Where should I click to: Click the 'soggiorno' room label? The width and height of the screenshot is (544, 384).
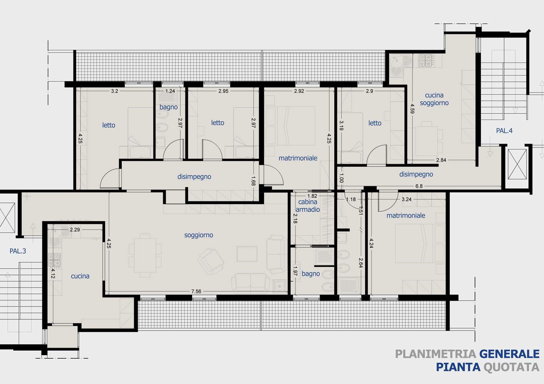(x=198, y=235)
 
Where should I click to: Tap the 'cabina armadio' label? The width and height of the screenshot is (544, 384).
(x=308, y=206)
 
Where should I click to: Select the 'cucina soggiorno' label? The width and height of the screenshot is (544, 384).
(x=434, y=99)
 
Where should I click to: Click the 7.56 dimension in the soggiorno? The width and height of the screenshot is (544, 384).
(x=196, y=291)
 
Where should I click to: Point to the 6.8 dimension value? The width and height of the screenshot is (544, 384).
(x=419, y=186)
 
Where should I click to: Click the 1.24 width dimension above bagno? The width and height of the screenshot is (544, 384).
(x=170, y=91)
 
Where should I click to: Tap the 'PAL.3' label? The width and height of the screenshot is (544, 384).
(x=18, y=251)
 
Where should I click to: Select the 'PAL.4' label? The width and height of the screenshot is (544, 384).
(x=504, y=131)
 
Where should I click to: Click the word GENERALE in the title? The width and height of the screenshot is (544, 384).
(x=509, y=354)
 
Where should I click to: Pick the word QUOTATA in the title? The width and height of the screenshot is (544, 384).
(x=511, y=367)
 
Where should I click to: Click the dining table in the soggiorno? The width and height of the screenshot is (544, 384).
(x=145, y=256)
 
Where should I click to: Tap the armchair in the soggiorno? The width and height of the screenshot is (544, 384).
(x=210, y=261)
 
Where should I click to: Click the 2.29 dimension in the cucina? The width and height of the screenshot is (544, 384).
(x=75, y=230)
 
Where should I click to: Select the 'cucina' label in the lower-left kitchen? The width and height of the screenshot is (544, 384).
(x=80, y=276)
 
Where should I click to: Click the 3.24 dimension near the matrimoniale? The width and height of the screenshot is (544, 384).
(x=407, y=199)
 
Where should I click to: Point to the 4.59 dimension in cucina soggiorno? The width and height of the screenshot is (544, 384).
(x=412, y=109)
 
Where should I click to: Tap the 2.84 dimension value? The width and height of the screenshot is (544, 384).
(x=441, y=160)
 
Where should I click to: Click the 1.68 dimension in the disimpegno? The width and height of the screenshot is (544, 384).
(x=253, y=181)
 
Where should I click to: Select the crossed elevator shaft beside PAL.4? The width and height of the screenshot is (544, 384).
(x=517, y=164)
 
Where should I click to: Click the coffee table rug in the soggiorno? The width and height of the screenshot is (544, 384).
(x=247, y=254)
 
